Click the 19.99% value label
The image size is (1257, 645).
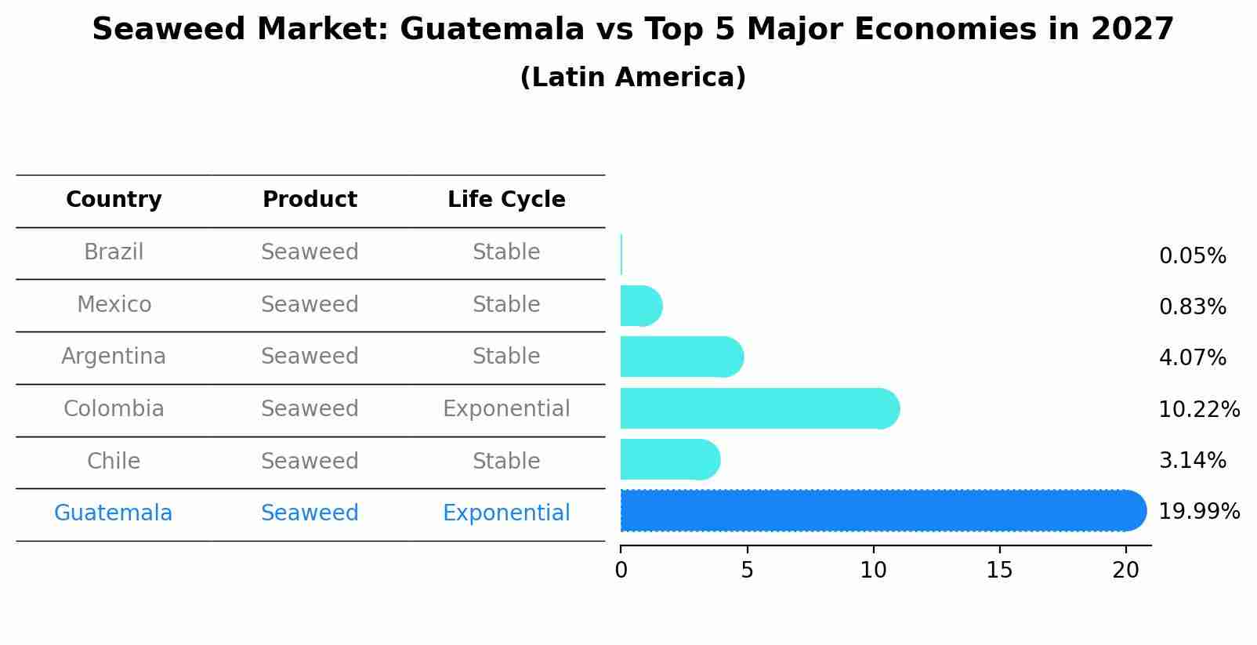1198,512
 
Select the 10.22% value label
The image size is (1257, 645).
1198,410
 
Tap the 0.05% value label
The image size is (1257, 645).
1192,256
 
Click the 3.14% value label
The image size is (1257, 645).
1192,461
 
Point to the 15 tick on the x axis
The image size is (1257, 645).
999,571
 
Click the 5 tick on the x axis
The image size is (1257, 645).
747,571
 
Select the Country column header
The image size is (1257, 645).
114,200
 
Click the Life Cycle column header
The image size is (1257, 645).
506,200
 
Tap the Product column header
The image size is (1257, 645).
310,200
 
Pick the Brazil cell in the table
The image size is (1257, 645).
114,252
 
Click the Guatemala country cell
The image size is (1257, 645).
114,513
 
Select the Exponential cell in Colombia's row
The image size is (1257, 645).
506,409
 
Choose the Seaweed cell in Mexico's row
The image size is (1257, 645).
310,305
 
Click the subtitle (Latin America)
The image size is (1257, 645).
632,78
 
